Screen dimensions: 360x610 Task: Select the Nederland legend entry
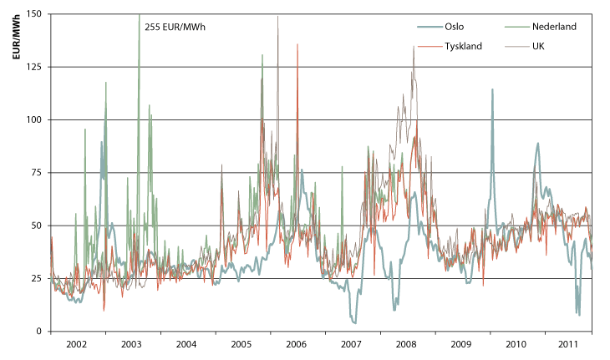554,27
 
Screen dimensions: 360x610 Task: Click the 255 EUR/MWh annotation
175,27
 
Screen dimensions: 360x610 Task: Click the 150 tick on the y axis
34,14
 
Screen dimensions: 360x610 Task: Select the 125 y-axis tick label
34,67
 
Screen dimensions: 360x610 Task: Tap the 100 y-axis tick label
34,119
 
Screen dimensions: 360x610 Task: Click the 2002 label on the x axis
77,343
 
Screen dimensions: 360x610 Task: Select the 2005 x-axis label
241,343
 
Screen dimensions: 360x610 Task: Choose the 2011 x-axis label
569,343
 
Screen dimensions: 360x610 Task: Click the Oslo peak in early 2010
492,89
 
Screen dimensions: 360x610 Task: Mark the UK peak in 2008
413,47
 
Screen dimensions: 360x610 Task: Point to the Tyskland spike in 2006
297,45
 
